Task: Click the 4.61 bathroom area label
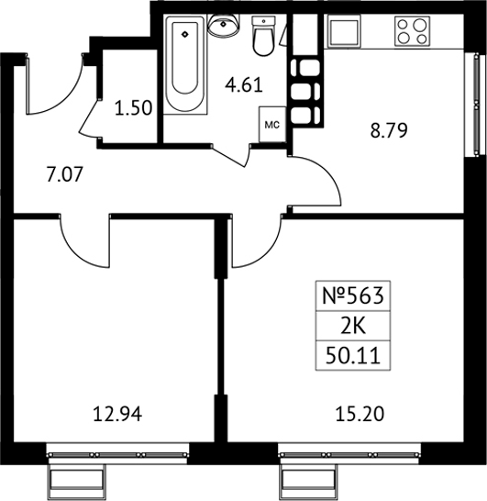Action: pos(244,85)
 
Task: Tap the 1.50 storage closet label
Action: pos(133,108)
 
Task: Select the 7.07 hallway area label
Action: pos(65,175)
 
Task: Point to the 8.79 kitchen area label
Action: pos(389,130)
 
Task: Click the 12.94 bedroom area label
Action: pos(117,415)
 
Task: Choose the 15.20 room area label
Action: pos(360,415)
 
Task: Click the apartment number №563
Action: pos(353,295)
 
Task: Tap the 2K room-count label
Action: pos(353,327)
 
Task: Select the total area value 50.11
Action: pos(353,356)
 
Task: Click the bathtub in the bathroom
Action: pos(185,64)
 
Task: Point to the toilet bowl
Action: pos(263,36)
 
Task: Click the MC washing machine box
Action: pos(272,124)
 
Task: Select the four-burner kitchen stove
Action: pos(412,31)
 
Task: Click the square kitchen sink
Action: pos(345,31)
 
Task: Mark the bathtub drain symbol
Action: pos(184,34)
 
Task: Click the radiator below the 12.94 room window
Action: pos(77,480)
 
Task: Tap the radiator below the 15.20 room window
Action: pos(308,480)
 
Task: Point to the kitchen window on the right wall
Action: pos(476,105)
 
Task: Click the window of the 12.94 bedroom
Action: pos(117,453)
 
